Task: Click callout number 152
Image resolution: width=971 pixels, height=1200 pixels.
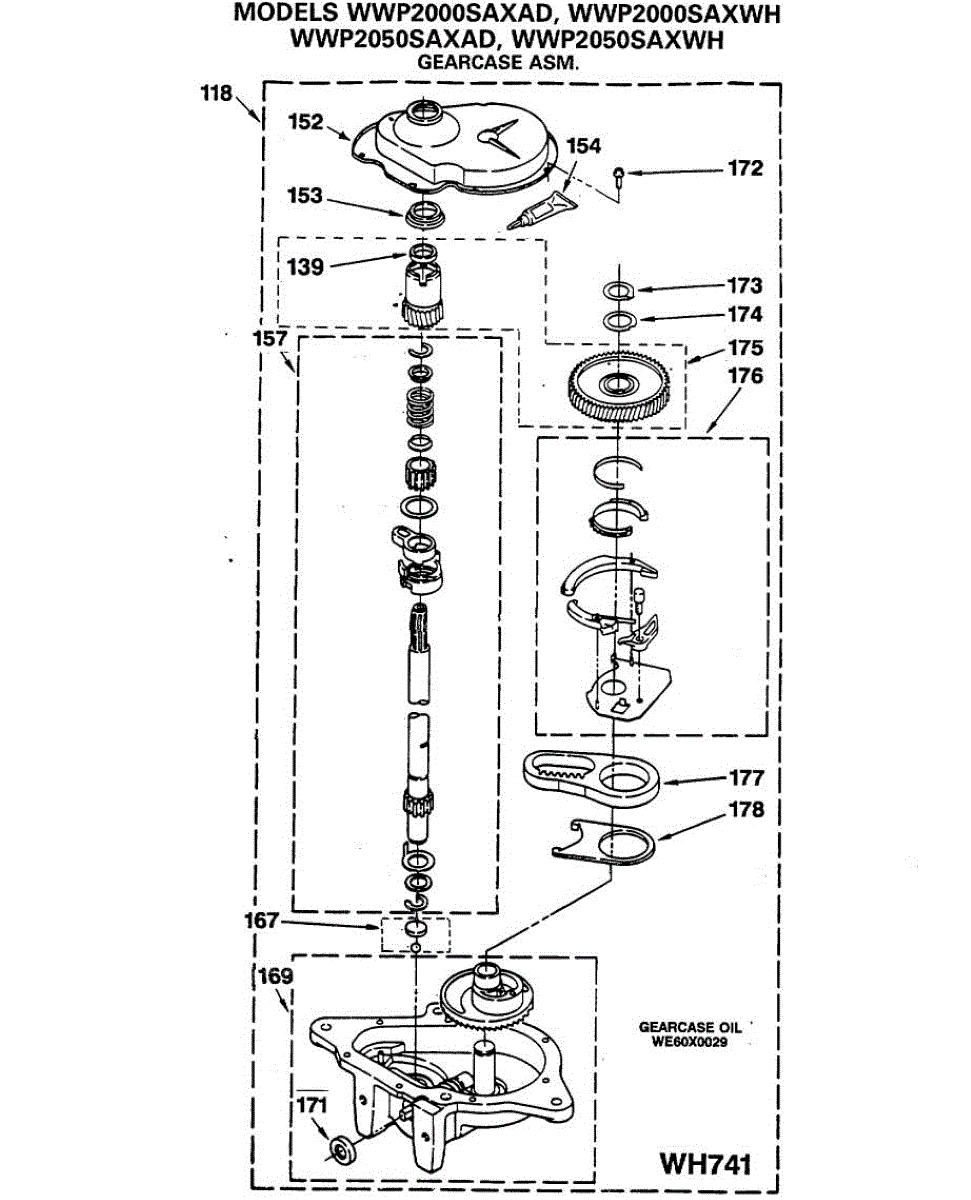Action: (x=305, y=122)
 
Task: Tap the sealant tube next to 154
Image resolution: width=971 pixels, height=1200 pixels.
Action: (x=542, y=210)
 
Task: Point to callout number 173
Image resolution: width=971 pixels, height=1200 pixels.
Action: (x=745, y=286)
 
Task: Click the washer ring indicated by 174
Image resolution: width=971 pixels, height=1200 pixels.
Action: (x=620, y=321)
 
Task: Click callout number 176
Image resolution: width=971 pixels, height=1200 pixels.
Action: (x=745, y=376)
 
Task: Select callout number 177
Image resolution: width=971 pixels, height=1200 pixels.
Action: (x=746, y=778)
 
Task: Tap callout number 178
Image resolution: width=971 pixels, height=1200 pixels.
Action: (x=746, y=810)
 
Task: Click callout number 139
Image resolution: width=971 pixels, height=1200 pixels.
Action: (x=305, y=267)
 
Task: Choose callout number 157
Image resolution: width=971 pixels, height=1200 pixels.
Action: (x=270, y=339)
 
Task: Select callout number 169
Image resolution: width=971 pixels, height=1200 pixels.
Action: (x=275, y=976)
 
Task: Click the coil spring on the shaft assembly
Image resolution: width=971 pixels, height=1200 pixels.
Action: (x=420, y=407)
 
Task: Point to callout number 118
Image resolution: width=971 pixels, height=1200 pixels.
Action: (x=216, y=93)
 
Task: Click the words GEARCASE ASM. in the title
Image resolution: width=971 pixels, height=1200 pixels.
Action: (x=498, y=62)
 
